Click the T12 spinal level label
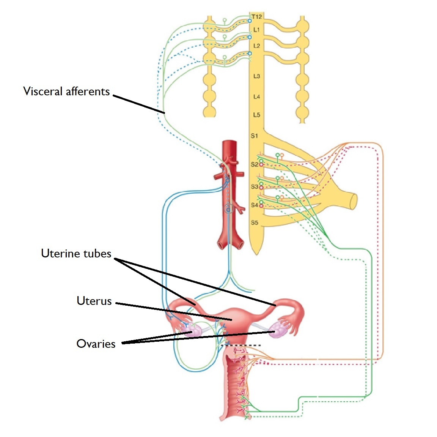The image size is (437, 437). (257, 16)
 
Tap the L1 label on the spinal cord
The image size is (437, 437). (256, 30)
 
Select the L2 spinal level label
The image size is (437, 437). (256, 46)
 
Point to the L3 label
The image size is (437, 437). (256, 76)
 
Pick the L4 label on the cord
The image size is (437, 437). (256, 97)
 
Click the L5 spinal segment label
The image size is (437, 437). (256, 115)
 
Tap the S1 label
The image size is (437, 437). (254, 136)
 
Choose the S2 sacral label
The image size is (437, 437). (254, 164)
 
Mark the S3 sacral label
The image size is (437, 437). (254, 186)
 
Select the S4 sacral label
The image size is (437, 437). (254, 205)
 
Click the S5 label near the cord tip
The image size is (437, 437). (254, 222)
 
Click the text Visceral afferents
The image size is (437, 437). (66, 92)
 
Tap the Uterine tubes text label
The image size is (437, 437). (76, 254)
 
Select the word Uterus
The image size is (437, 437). (94, 301)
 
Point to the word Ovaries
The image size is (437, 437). (96, 344)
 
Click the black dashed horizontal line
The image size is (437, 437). (243, 345)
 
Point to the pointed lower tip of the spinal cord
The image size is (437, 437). (256, 252)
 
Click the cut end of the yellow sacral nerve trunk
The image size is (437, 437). (354, 201)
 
